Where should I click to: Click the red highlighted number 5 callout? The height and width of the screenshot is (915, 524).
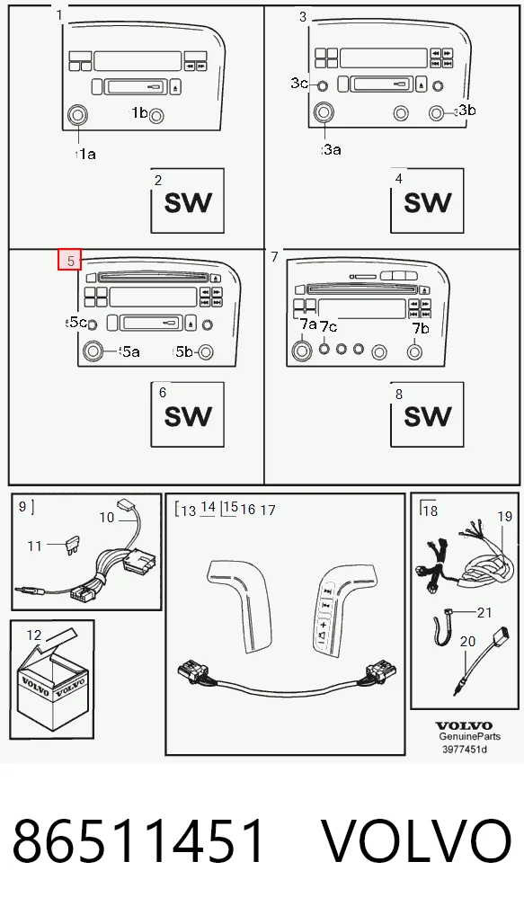point(69,261)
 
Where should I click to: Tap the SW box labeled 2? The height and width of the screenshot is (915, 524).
point(187,200)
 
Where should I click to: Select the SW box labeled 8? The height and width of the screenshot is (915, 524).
point(427,414)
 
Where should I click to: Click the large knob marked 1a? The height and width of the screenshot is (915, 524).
point(77,115)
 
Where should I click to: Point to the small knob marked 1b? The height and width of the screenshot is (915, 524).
point(156,117)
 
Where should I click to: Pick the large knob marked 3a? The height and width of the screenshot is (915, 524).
point(324,112)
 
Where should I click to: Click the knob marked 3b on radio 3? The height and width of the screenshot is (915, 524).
point(437,112)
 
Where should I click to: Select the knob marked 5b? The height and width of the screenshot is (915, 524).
point(206,351)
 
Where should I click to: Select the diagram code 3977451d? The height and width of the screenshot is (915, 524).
point(465,749)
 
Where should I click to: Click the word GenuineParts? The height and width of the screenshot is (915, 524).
point(469,737)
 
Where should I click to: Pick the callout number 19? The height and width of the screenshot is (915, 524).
point(505,517)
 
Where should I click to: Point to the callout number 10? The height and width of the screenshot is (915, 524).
point(107,517)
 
